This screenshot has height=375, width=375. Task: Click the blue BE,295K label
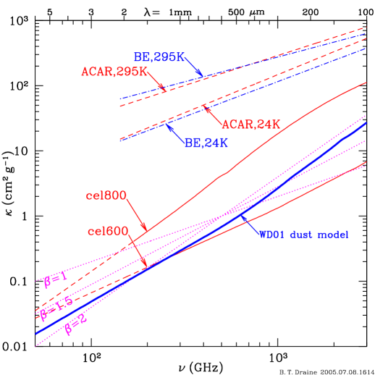[x=159, y=57]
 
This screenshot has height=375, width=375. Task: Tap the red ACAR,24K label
[x=250, y=125]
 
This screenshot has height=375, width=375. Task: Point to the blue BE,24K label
[x=206, y=143]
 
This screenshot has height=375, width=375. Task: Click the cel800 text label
[x=106, y=195]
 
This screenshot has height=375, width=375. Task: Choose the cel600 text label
[x=108, y=232]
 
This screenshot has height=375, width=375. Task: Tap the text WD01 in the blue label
[x=274, y=235]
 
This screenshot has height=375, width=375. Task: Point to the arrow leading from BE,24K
[x=176, y=133]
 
